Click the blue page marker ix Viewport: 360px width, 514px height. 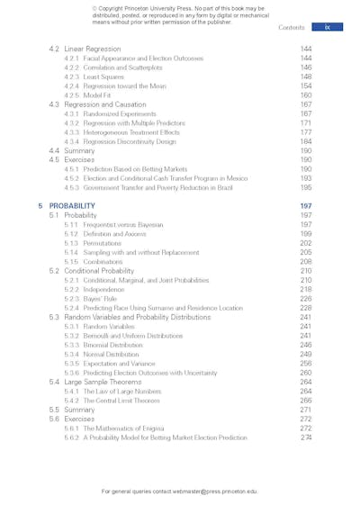click(327, 28)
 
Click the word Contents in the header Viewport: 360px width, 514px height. click(291, 28)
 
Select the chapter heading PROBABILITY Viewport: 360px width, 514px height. click(72, 206)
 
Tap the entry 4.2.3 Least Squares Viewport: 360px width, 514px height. click(94, 77)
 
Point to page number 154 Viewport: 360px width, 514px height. click(306, 86)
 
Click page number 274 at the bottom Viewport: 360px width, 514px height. click(306, 437)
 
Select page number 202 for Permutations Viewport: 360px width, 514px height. click(306, 243)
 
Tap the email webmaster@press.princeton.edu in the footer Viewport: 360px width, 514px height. click(216, 491)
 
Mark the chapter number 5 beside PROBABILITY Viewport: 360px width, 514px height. click(40, 206)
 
